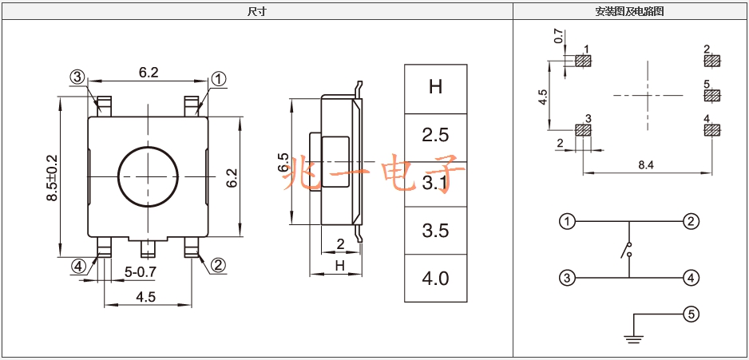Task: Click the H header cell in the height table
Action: click(436, 89)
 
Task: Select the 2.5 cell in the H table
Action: click(436, 137)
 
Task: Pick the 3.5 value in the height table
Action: click(436, 231)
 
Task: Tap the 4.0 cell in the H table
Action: click(436, 278)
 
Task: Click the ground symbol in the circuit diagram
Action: click(633, 340)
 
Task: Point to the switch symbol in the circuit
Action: click(627, 249)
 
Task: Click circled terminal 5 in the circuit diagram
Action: click(691, 315)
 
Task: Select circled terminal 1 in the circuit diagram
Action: click(567, 222)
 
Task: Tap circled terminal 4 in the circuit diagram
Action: click(691, 278)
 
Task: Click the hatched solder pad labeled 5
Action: click(712, 95)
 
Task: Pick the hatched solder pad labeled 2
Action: click(712, 61)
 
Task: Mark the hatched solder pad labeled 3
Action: click(583, 130)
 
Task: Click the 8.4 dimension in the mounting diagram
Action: click(646, 164)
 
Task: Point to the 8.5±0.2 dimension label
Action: click(52, 178)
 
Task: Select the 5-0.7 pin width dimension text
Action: click(140, 272)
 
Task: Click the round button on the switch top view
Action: click(148, 176)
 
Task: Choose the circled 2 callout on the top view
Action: click(218, 265)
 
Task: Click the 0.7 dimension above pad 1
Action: click(558, 36)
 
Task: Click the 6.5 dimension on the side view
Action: click(283, 162)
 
